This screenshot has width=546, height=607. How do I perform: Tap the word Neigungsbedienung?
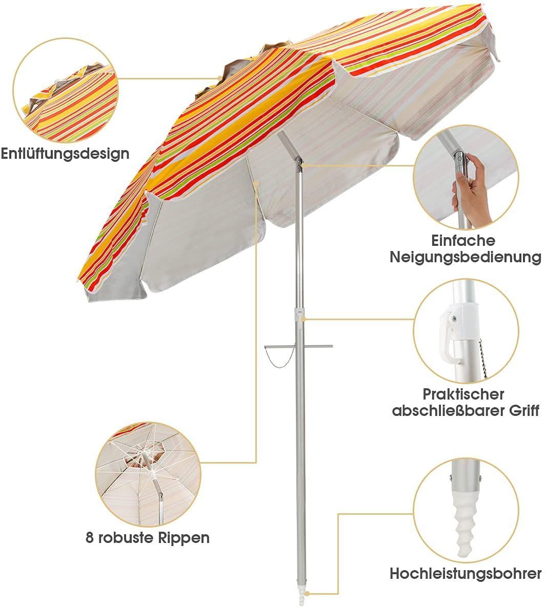tap(466, 257)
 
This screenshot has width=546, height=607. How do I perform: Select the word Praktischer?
tap(463, 394)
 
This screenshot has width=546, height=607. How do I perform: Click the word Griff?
tap(524, 411)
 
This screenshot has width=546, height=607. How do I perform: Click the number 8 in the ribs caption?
tap(90, 538)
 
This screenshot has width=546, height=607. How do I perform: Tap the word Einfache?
tap(463, 241)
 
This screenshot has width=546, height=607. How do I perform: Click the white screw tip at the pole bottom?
tap(301, 598)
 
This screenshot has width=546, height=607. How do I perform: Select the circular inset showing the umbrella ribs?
tap(148, 474)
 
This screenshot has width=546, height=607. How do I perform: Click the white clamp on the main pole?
tap(299, 315)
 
